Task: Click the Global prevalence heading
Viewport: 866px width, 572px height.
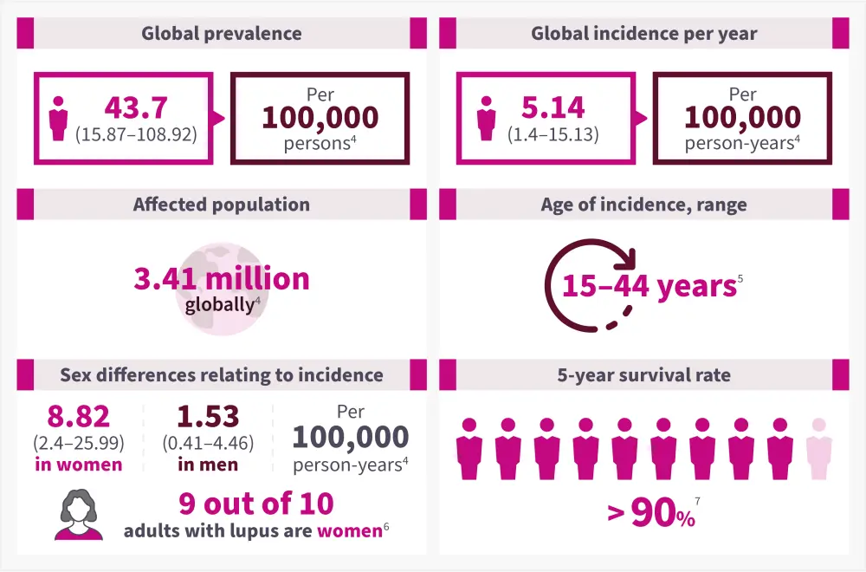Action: (222, 34)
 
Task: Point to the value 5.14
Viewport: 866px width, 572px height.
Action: (553, 107)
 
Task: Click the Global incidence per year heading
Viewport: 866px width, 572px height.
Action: (644, 34)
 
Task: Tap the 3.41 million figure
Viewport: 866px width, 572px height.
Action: (222, 278)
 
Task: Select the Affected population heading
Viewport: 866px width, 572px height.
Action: (222, 205)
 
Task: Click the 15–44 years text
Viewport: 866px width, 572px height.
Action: (649, 286)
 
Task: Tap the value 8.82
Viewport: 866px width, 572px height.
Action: (79, 416)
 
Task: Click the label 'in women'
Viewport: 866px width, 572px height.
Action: (79, 465)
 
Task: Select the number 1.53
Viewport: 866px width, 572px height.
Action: (208, 416)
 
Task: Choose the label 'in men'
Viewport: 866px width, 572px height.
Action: (208, 465)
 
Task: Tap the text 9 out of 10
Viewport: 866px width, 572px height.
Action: (256, 504)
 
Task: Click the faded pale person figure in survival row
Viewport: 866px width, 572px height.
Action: (818, 448)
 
